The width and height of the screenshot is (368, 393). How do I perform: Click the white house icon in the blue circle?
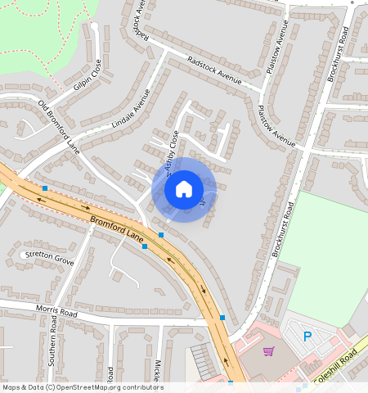(184, 189)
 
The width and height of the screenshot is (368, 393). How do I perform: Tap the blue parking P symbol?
(307, 336)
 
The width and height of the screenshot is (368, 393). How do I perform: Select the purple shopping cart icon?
(268, 351)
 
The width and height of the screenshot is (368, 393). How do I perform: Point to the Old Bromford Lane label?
(60, 127)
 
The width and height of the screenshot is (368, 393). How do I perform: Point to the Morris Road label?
(56, 313)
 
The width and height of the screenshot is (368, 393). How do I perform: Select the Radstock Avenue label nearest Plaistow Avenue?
(215, 70)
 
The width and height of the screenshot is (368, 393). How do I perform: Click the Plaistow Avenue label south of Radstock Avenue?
(276, 127)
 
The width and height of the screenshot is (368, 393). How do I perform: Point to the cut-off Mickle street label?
(157, 370)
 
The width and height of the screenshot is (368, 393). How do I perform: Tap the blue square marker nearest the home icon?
(161, 235)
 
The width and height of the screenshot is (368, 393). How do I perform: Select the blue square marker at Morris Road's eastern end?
(222, 318)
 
